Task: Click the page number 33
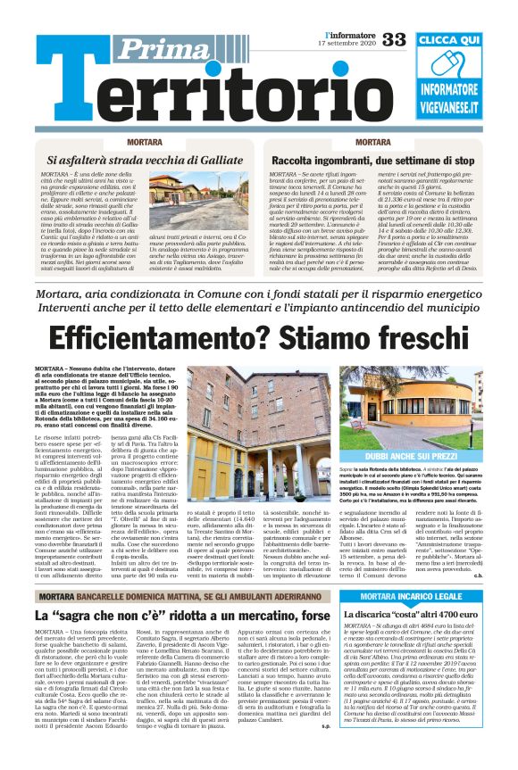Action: pos(395,38)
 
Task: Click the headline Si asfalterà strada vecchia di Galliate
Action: pos(144,161)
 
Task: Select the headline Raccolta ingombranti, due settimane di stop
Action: pos(372,161)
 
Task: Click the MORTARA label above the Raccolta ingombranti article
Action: pos(372,143)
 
